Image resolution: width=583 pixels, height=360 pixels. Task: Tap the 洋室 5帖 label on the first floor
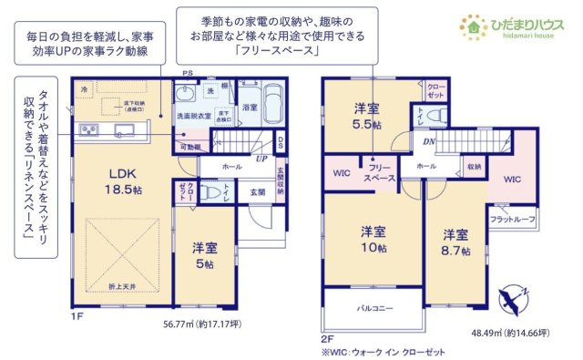point(204,254)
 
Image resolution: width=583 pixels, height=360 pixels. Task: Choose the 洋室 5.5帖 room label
point(367,117)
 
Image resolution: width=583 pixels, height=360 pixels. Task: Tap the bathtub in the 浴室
point(272,100)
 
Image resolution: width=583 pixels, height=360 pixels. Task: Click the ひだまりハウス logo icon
point(476,24)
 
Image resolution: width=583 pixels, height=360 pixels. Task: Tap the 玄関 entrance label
point(257,193)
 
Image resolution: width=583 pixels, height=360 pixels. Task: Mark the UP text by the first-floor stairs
point(261,158)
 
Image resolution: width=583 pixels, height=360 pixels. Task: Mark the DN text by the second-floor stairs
point(428,141)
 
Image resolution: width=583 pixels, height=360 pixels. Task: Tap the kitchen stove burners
point(89,130)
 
